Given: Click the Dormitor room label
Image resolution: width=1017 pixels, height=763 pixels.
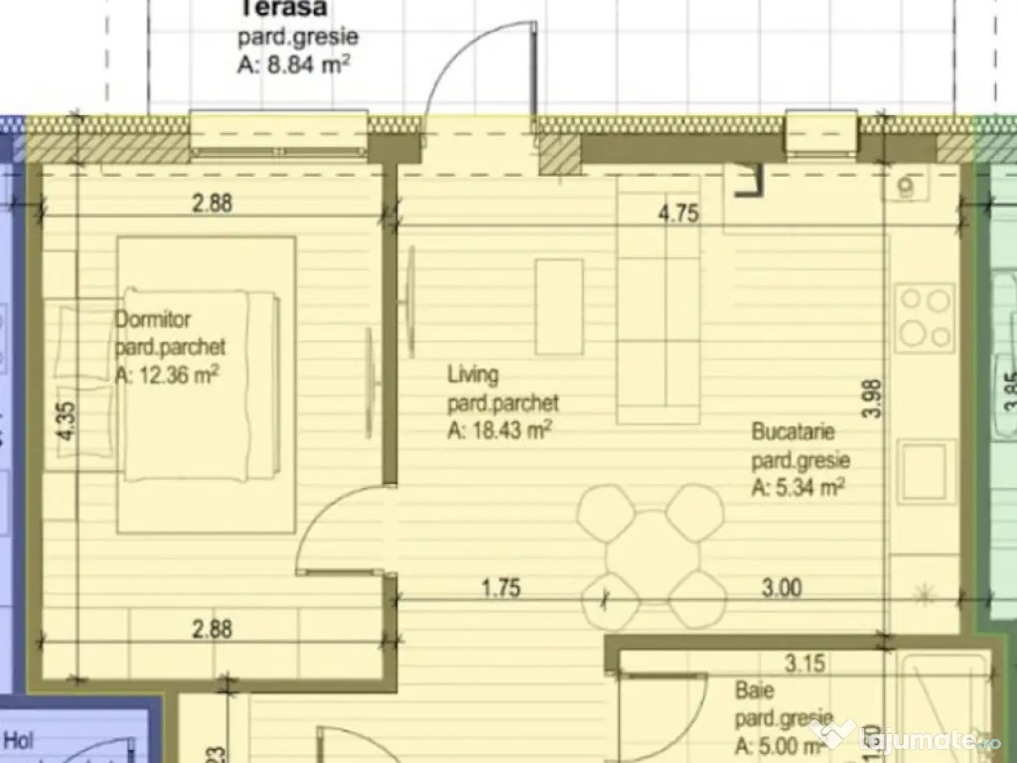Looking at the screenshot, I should (153, 321).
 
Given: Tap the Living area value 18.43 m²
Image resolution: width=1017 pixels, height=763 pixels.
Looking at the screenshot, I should (500, 430).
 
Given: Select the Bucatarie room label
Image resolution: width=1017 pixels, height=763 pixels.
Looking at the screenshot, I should (793, 433).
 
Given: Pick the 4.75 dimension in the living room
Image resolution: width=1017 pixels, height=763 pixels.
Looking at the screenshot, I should (679, 214).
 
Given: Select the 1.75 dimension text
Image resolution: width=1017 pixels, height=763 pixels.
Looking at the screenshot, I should (502, 588).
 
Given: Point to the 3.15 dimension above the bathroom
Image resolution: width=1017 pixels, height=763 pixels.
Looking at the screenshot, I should (804, 663).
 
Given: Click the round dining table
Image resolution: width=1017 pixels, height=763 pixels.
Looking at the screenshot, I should (651, 553).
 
